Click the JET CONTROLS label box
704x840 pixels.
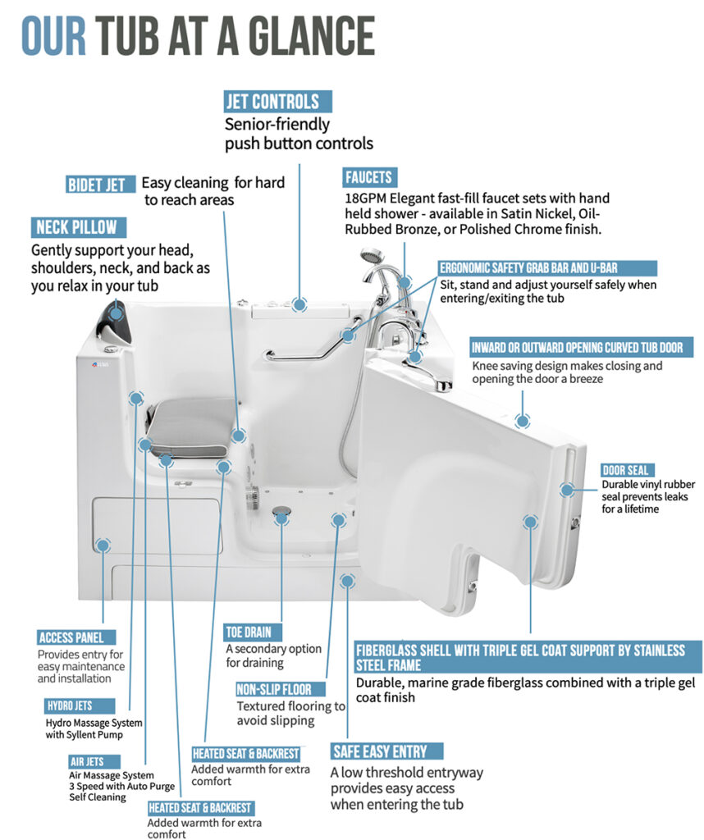[x=278, y=102]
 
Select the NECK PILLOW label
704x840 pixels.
[x=76, y=227]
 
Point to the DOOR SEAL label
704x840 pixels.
[x=626, y=470]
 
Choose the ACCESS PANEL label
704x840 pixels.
[x=76, y=637]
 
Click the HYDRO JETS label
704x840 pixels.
[x=69, y=705]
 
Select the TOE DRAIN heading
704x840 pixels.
[x=248, y=632]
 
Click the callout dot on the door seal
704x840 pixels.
[x=567, y=490]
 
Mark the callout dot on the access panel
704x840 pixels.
[x=103, y=545]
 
